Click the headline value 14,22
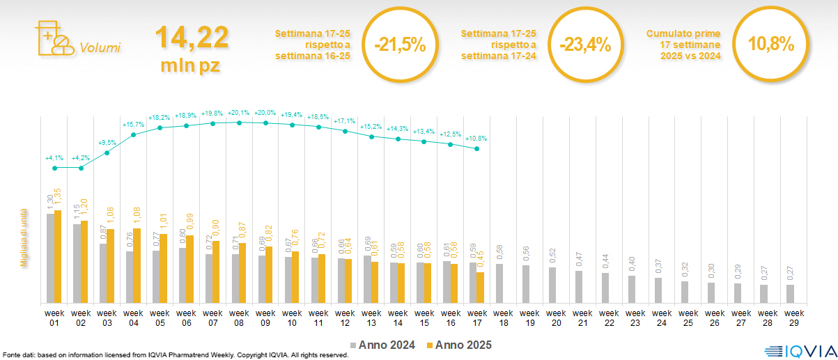(191, 37)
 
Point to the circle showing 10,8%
(770, 44)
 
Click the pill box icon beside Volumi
(52, 39)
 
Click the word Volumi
(100, 47)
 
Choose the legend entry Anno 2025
(460, 345)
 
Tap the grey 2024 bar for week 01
(50, 258)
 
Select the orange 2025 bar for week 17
(481, 288)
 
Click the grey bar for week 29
(790, 294)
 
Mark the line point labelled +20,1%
(239, 123)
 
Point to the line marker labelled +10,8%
(476, 148)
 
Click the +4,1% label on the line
(54, 158)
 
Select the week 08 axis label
(239, 318)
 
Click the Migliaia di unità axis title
(24, 237)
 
